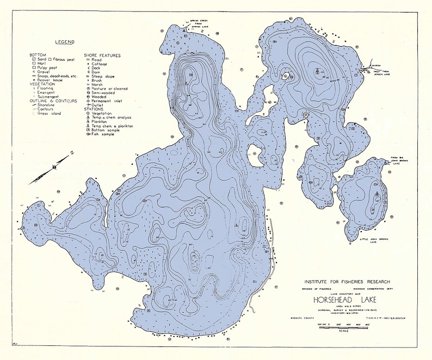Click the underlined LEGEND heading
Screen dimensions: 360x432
65,41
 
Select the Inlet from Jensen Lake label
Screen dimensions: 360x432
381,71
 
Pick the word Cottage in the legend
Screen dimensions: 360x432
100,64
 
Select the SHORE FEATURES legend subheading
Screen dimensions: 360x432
102,55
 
